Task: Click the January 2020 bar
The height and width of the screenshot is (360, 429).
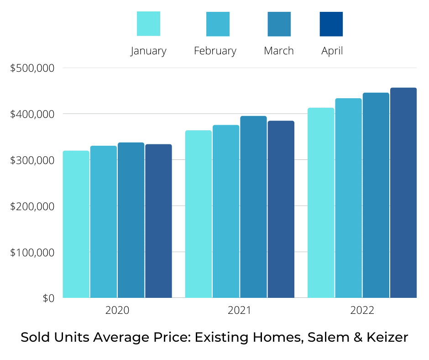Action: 76,224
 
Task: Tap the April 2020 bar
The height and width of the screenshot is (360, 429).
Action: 158,221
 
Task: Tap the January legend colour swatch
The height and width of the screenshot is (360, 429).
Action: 148,24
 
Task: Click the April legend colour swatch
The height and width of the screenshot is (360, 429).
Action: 331,24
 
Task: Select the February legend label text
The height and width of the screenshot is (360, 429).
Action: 215,51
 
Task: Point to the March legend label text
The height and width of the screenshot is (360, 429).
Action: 279,51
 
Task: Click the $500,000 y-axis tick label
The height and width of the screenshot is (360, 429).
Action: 32,69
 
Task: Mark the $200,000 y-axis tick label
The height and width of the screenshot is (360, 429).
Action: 32,206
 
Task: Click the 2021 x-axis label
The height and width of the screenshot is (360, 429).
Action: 240,311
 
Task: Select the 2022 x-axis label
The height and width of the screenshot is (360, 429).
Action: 362,311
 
